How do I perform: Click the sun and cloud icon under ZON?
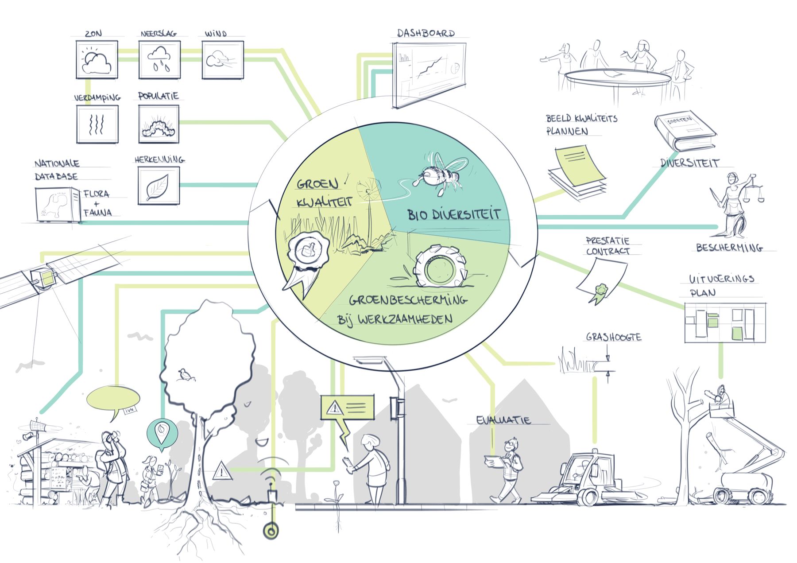point(97,60)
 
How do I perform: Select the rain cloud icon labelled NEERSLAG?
point(159,60)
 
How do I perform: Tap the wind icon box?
point(222,60)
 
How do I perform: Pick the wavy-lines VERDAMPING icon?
point(97,124)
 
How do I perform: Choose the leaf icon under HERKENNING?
point(158,186)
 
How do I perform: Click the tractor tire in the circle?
point(439,267)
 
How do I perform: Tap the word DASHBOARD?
point(426,34)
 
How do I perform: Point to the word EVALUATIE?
point(503,420)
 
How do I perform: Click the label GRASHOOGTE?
point(613,337)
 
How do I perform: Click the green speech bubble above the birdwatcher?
point(113,399)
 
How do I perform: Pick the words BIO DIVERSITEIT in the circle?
point(454,215)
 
